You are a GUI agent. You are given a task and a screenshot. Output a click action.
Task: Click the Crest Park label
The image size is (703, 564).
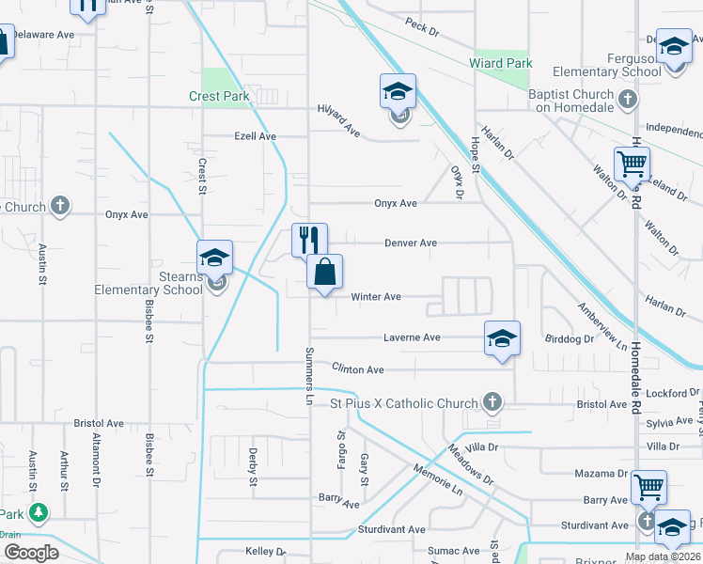click(218, 96)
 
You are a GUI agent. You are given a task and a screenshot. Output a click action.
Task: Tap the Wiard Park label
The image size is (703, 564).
click(501, 64)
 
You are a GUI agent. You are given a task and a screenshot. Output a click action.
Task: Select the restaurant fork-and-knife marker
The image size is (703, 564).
click(309, 240)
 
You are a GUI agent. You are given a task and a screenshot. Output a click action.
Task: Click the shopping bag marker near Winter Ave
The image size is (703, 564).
click(324, 273)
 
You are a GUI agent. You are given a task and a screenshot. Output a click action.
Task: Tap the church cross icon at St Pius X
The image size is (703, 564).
click(491, 403)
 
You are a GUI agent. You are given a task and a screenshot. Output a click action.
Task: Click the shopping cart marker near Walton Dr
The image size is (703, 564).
click(633, 164)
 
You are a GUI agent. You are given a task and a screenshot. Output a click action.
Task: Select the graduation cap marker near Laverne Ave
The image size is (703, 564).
click(502, 338)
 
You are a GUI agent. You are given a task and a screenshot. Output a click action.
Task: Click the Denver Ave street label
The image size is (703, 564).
click(411, 243)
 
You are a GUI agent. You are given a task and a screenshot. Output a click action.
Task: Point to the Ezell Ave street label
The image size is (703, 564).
click(255, 136)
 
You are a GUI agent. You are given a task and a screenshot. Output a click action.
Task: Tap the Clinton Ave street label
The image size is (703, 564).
click(358, 370)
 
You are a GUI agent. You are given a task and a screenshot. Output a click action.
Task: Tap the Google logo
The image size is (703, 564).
click(31, 553)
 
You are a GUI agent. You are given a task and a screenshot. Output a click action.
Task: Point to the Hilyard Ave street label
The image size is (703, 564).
click(339, 118)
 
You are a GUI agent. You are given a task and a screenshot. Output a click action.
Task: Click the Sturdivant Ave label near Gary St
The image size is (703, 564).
click(391, 529)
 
